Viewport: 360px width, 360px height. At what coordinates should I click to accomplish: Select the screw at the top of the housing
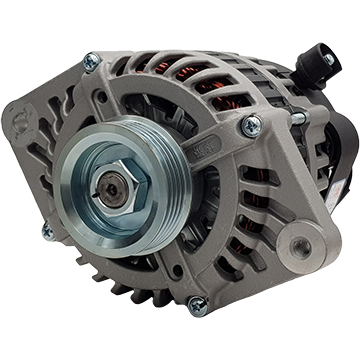tap(93, 61)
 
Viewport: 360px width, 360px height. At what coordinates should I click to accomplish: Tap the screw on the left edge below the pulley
tap(47, 232)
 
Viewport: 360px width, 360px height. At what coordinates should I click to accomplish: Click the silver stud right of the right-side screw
tap(299, 119)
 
